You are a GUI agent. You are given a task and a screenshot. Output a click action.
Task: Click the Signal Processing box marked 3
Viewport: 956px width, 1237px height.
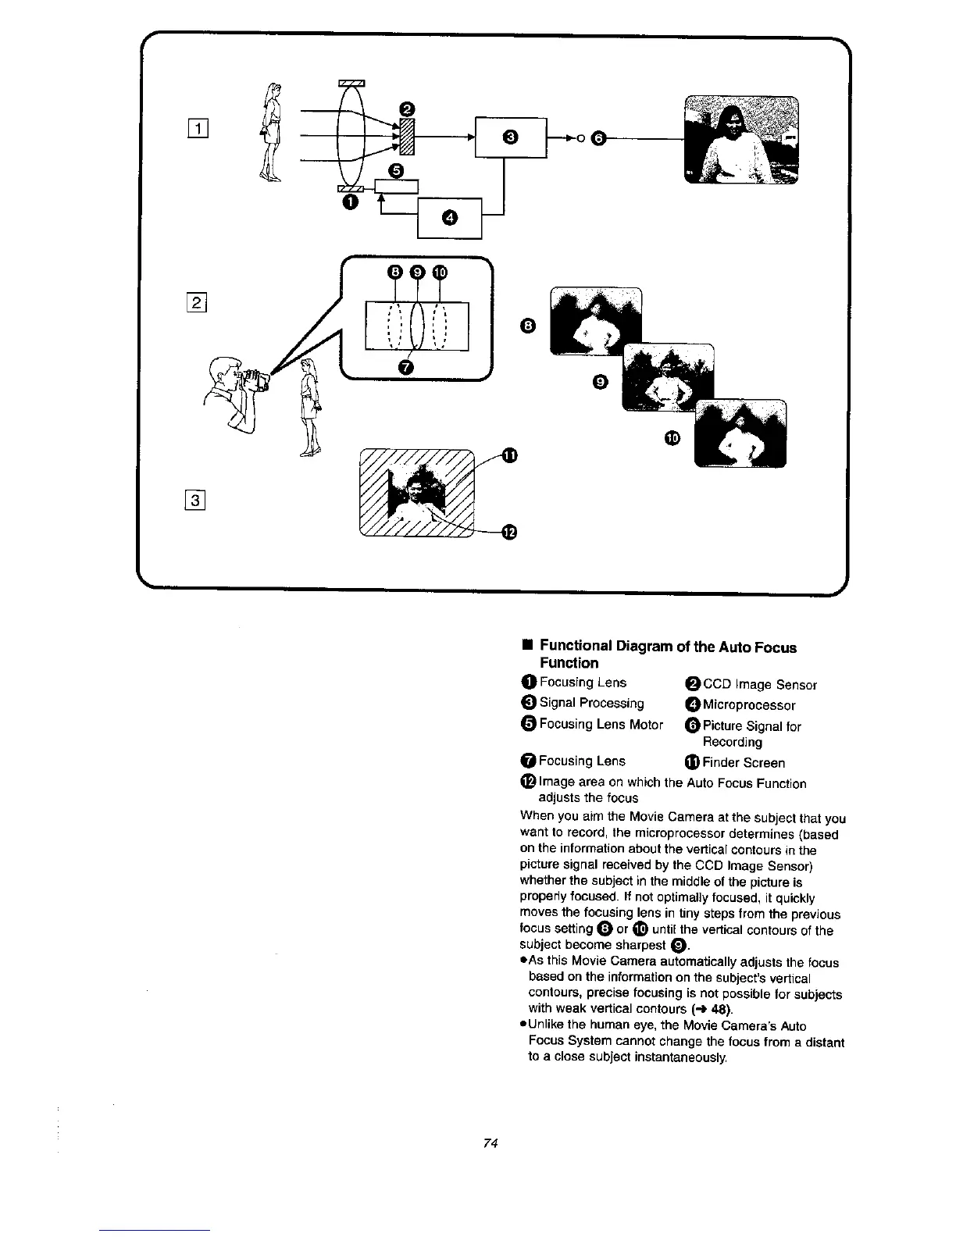510,137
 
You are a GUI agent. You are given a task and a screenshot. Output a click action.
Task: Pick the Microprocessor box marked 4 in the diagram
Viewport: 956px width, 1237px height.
450,217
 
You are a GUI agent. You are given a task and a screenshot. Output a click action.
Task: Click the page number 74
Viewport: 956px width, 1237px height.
490,1143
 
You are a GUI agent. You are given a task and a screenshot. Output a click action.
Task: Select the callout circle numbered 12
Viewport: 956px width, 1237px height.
508,532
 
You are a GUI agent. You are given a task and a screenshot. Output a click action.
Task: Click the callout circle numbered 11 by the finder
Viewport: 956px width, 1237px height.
508,455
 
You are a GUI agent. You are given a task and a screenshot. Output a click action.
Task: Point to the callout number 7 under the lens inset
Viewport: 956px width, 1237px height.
405,367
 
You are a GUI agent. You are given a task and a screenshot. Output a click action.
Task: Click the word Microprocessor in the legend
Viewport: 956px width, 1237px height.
749,705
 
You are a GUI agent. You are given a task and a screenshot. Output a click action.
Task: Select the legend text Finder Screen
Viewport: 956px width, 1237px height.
743,763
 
